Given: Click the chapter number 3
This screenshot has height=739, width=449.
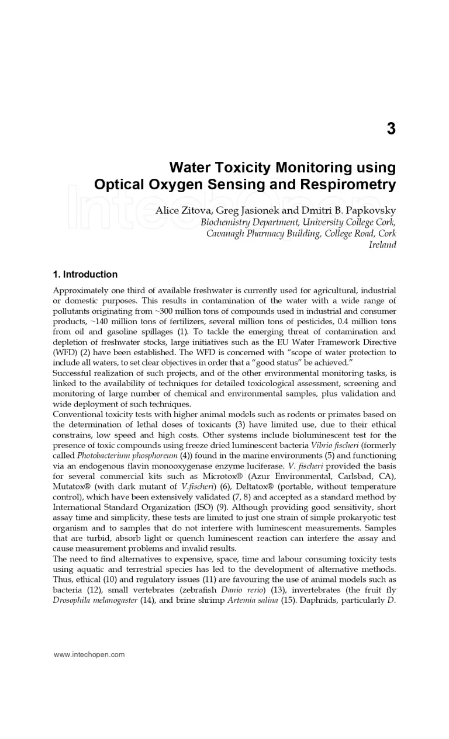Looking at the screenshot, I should click(391, 129).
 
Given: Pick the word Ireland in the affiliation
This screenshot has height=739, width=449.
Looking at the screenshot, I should click(382, 245).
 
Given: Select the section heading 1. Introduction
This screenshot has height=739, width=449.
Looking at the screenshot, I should click(85, 275).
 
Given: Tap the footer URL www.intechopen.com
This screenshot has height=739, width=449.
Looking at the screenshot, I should click(89, 654).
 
